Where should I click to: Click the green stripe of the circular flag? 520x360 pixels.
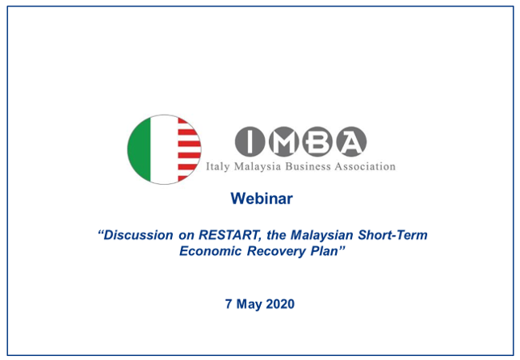coord(140,149)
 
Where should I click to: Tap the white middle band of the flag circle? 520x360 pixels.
coord(164,149)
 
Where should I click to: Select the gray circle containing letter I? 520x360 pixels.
coord(250,141)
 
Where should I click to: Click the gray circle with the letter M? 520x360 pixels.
coord(284,141)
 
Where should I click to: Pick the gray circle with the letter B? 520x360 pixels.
coord(317,141)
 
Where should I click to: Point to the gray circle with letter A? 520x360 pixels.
coord(351,141)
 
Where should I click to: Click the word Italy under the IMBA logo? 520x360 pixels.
coord(217,166)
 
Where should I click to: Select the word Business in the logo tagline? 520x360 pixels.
coord(308,166)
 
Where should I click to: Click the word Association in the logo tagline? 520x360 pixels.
coord(365,166)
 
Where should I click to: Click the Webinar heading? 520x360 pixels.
coord(262,199)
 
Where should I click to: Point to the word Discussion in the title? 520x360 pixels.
coord(138,235)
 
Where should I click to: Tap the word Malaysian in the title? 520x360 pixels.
coord(321,235)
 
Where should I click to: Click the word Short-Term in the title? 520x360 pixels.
coord(392,235)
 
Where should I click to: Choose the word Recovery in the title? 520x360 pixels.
coord(276,251)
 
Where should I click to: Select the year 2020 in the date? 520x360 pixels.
coord(280,304)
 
